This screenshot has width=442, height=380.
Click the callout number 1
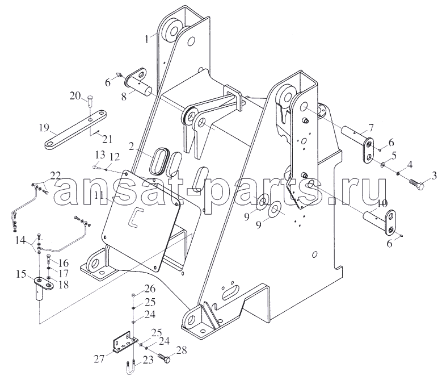point(146,39)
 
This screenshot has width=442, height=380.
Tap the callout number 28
point(181,350)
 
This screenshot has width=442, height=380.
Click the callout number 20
point(75,97)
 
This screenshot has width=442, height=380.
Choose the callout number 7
point(370,128)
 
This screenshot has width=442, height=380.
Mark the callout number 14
point(20,241)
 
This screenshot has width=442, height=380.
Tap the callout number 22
point(56,176)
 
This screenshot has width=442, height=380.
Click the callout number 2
point(132,147)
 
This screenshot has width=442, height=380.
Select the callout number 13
point(99,155)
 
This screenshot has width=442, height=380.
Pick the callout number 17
point(64,273)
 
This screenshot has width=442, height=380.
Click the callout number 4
point(410,165)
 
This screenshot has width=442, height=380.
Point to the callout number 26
point(150,289)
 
